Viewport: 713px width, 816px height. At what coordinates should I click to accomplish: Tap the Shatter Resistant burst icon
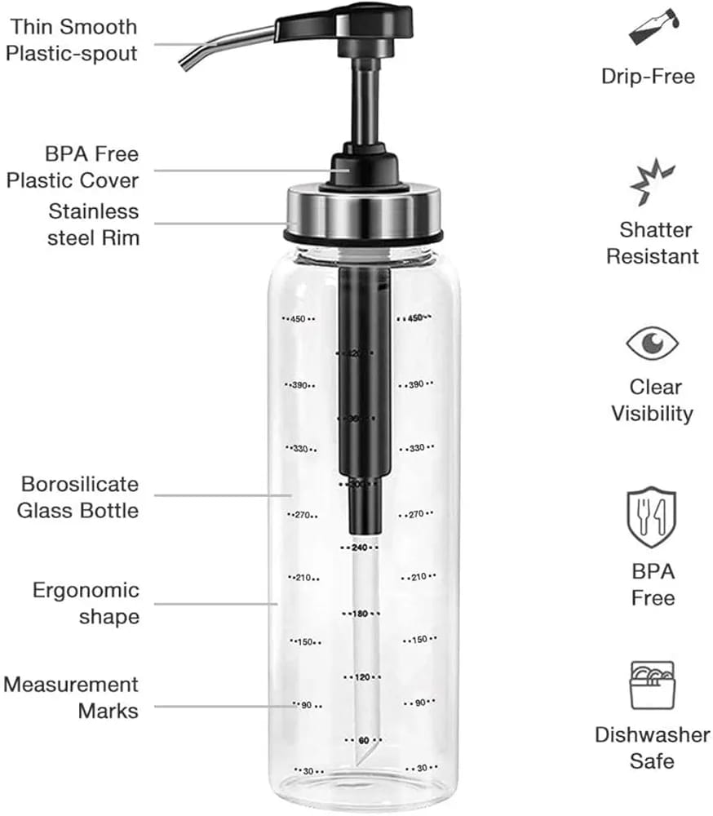click(653, 183)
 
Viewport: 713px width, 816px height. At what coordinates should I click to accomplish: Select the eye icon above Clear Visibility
click(652, 343)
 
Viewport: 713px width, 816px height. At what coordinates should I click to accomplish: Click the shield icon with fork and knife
click(652, 517)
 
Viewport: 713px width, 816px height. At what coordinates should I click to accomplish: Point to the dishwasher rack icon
click(652, 685)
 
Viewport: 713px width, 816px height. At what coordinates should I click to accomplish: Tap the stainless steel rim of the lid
click(363, 210)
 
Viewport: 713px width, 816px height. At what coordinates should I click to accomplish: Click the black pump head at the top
click(347, 22)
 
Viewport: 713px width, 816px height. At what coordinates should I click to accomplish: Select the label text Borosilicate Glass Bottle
click(80, 497)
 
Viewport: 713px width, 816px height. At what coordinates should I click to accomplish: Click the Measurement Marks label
click(72, 698)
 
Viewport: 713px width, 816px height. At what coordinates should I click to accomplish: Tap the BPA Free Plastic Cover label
click(73, 166)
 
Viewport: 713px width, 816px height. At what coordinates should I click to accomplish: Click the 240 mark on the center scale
click(361, 547)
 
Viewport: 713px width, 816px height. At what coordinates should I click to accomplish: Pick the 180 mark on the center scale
click(361, 613)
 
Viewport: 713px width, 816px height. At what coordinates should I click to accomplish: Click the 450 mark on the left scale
click(298, 319)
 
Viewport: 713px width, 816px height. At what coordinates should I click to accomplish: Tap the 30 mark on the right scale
click(422, 768)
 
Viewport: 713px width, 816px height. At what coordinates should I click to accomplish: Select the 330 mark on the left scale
click(299, 450)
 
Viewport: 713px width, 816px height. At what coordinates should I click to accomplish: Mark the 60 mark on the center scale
click(363, 740)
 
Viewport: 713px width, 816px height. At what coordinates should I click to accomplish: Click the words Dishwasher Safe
click(652, 747)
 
